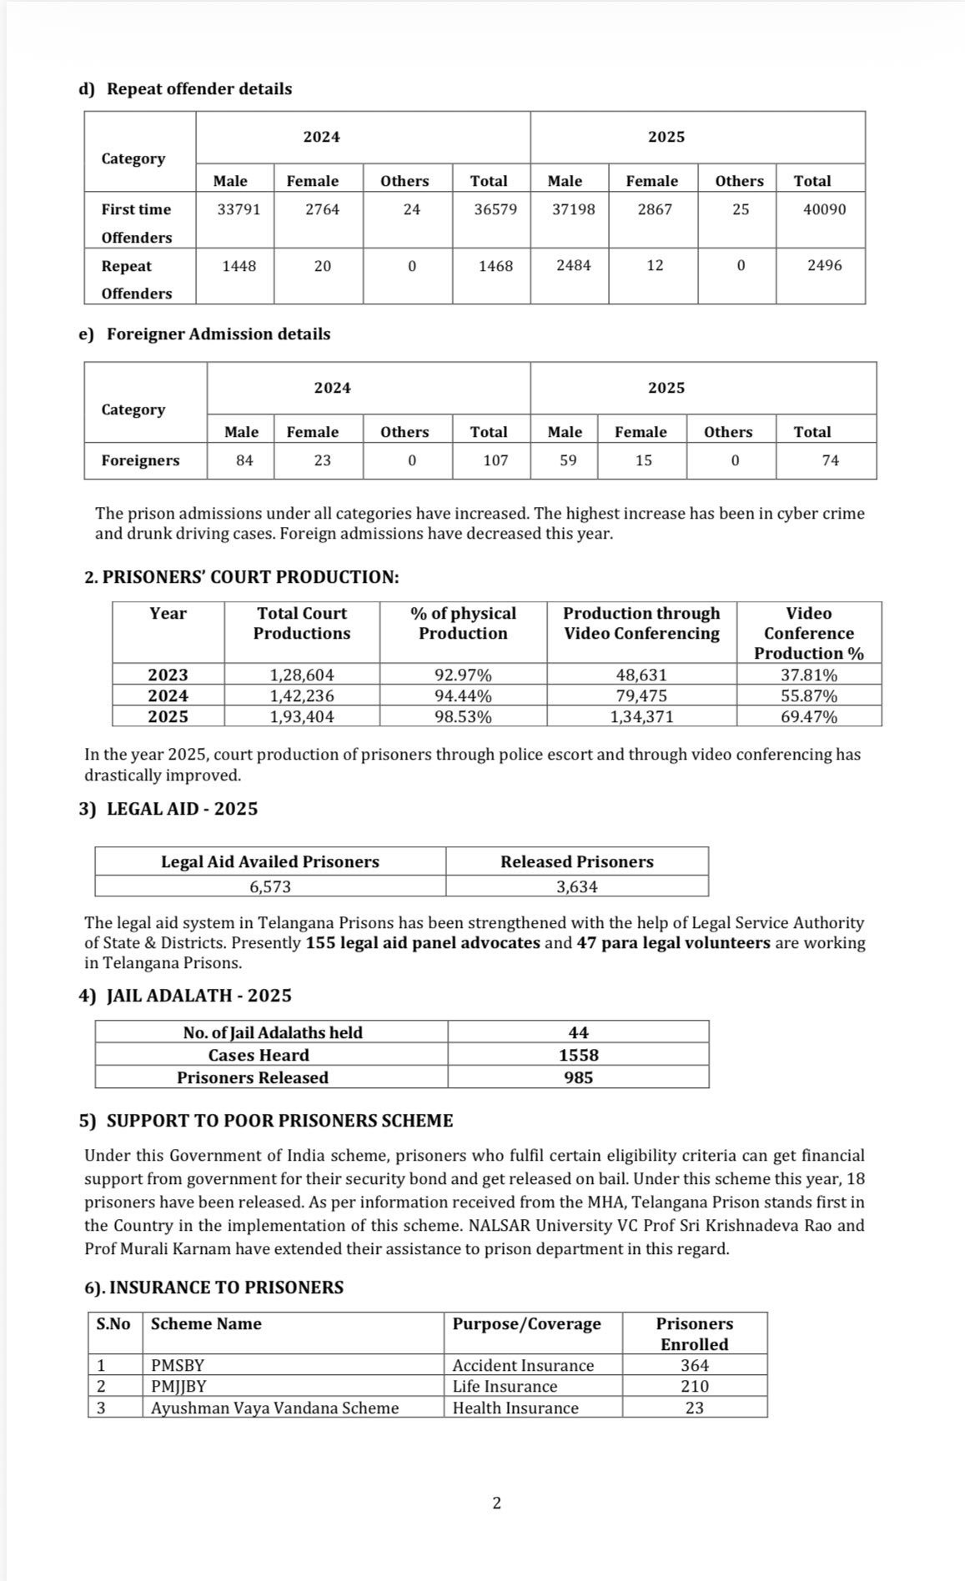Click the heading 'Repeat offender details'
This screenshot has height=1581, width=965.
coord(199,88)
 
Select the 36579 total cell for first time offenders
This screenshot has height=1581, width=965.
coord(495,209)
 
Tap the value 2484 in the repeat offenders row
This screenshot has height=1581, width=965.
coord(574,265)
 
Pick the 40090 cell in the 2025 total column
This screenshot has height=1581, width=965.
coord(824,209)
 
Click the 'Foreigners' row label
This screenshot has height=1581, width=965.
coord(140,460)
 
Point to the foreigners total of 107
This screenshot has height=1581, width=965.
coord(495,460)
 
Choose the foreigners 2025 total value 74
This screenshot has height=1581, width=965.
coord(830,460)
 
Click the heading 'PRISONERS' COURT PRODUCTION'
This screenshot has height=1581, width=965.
coord(242,577)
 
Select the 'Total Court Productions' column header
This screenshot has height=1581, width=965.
coord(302,623)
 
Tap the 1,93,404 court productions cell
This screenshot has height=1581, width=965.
coord(302,716)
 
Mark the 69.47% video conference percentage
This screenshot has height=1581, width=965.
coord(809,716)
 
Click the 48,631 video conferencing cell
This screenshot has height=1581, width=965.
coord(641,675)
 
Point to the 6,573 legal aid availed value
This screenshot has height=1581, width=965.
coord(270,886)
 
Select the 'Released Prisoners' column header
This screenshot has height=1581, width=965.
coord(577,861)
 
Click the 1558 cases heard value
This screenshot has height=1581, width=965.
coord(579,1055)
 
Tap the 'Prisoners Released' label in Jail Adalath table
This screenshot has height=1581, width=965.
coord(253,1077)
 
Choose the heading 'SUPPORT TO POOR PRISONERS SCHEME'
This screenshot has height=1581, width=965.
coord(279,1120)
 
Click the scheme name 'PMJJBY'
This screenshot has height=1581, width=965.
coord(178,1386)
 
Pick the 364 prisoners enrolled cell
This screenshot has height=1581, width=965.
coord(694,1365)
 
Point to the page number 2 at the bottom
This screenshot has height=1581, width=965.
coord(497,1503)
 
